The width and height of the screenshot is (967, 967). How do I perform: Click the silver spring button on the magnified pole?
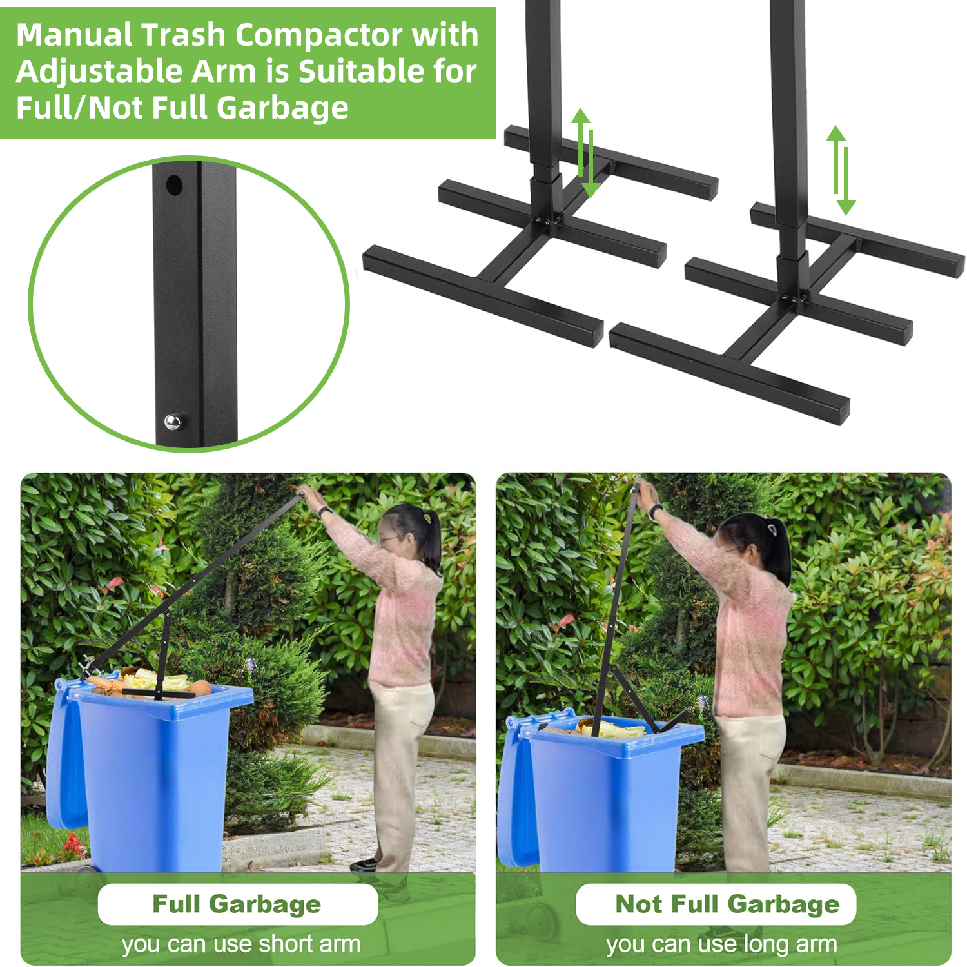click(x=173, y=422)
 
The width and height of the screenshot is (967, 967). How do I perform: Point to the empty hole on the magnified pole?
click(x=174, y=186)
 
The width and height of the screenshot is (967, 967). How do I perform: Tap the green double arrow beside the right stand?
click(x=841, y=170)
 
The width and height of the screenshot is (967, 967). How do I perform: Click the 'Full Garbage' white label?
click(x=237, y=904)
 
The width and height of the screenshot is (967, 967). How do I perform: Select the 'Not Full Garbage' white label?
click(x=716, y=904)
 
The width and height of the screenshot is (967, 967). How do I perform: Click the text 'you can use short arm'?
click(x=241, y=944)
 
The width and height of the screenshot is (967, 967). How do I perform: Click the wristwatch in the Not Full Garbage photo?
click(x=656, y=511)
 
